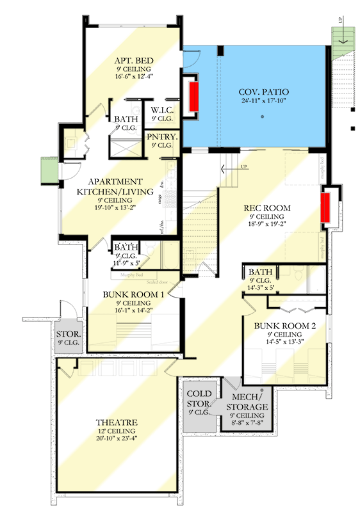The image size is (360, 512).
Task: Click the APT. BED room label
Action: [133, 60]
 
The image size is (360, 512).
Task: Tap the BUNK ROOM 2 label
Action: [285, 326]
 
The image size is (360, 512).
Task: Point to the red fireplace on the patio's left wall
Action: [193, 97]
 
